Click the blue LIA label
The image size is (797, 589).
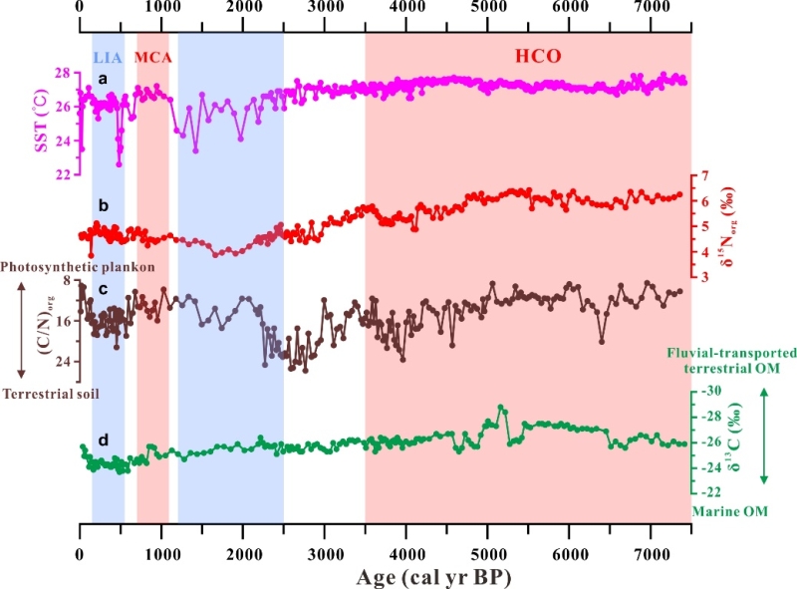click(108, 58)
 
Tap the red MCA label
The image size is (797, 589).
click(152, 58)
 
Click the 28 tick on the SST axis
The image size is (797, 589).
click(61, 74)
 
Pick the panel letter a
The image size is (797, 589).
click(101, 78)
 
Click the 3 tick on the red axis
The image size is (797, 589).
click(705, 278)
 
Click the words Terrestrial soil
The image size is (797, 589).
click(50, 395)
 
